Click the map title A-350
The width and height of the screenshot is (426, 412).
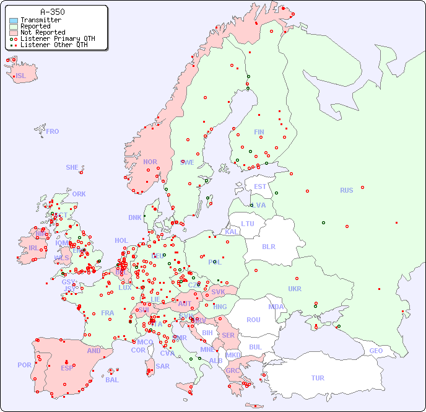tap(52, 12)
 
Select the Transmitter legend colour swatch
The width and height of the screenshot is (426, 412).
tap(14, 20)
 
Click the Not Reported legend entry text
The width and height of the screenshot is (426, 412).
tap(42, 32)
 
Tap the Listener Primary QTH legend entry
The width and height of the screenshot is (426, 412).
tap(58, 38)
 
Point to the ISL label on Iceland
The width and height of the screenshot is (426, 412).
tap(21, 76)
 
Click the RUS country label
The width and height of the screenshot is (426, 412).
tap(346, 190)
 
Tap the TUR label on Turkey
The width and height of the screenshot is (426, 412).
tap(318, 378)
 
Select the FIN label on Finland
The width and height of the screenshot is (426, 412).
tap(259, 132)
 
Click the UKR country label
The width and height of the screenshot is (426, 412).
tap(295, 289)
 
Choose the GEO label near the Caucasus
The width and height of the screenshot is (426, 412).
tap(376, 351)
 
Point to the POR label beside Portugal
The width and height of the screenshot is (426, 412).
tap(24, 365)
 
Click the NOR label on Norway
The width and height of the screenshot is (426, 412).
tap(150, 162)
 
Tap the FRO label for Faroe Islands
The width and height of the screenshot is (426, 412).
tap(53, 131)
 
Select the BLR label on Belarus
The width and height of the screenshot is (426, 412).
tap(269, 246)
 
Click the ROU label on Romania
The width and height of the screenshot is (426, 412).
tap(253, 320)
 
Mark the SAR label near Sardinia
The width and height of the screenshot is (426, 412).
tap(162, 366)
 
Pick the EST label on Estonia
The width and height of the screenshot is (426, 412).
tap(260, 186)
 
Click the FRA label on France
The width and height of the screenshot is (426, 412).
tap(108, 313)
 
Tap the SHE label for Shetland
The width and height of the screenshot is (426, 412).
tap(72, 167)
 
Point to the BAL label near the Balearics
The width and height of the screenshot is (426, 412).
tap(112, 380)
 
